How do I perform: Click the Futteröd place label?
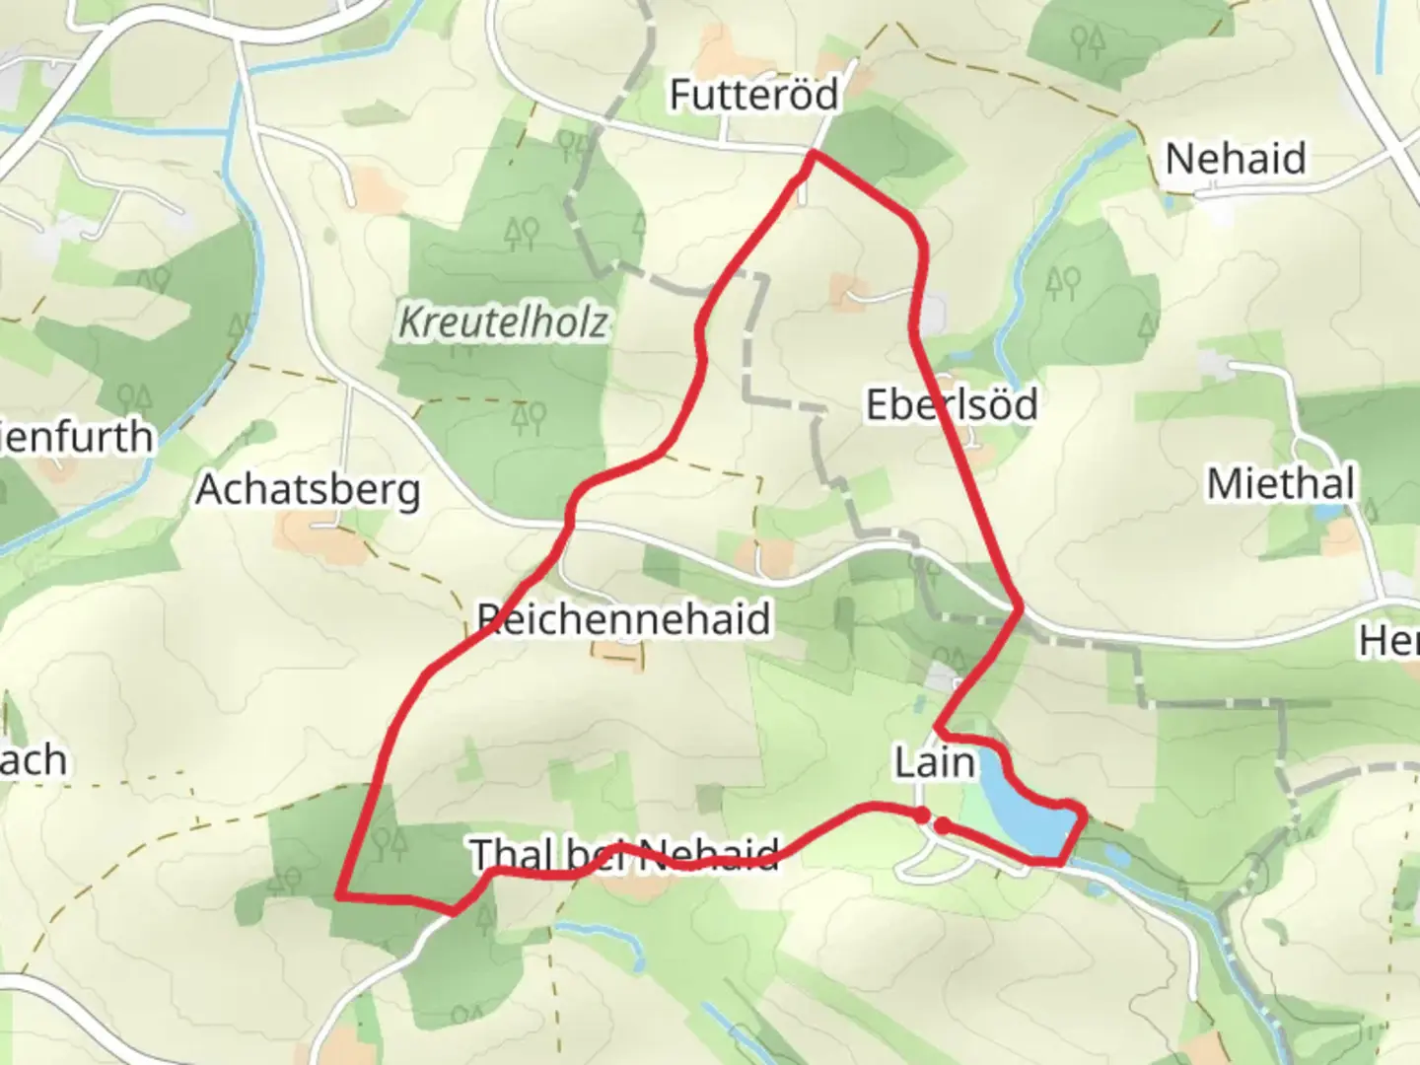pyautogui.click(x=753, y=95)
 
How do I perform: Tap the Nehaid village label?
pyautogui.click(x=1235, y=159)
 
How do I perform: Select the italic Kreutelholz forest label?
pyautogui.click(x=503, y=322)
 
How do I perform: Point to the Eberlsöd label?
pyautogui.click(x=951, y=405)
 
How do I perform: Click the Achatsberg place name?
pyautogui.click(x=308, y=490)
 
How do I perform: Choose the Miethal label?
pyautogui.click(x=1281, y=484)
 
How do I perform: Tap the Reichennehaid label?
pyautogui.click(x=623, y=619)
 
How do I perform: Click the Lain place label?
pyautogui.click(x=934, y=762)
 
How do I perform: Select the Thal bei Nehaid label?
pyautogui.click(x=624, y=855)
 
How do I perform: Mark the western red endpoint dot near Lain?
pyautogui.click(x=921, y=815)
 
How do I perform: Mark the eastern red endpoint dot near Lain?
pyautogui.click(x=943, y=825)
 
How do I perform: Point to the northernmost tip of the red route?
pyautogui.click(x=812, y=154)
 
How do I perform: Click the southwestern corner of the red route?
pyautogui.click(x=339, y=895)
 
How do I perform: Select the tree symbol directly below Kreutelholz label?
pyautogui.click(x=529, y=418)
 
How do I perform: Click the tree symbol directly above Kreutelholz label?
pyautogui.click(x=521, y=234)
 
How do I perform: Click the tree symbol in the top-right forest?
pyautogui.click(x=1088, y=40)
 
